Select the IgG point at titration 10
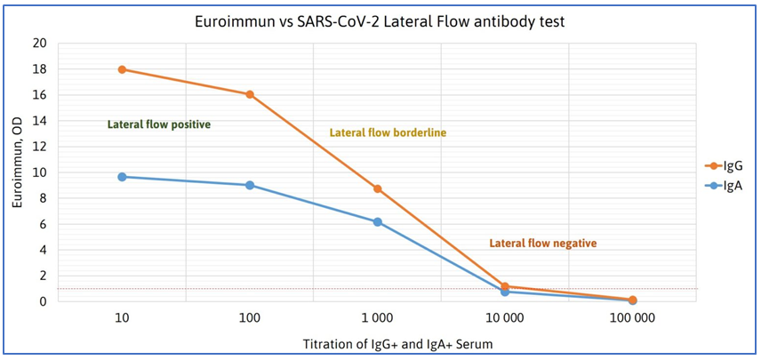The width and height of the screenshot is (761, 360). (122, 69)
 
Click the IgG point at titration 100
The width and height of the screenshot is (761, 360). (250, 94)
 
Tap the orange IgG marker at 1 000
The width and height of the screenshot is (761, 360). (377, 188)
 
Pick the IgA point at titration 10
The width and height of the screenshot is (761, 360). (122, 177)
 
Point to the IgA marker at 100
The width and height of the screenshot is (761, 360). (250, 185)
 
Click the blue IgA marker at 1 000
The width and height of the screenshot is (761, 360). (377, 222)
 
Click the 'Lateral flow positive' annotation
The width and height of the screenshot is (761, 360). (158, 124)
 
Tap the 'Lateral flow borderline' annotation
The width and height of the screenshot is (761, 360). (388, 132)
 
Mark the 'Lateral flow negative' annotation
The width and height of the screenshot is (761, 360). (542, 243)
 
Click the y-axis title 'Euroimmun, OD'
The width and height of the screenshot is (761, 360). (16, 172)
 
